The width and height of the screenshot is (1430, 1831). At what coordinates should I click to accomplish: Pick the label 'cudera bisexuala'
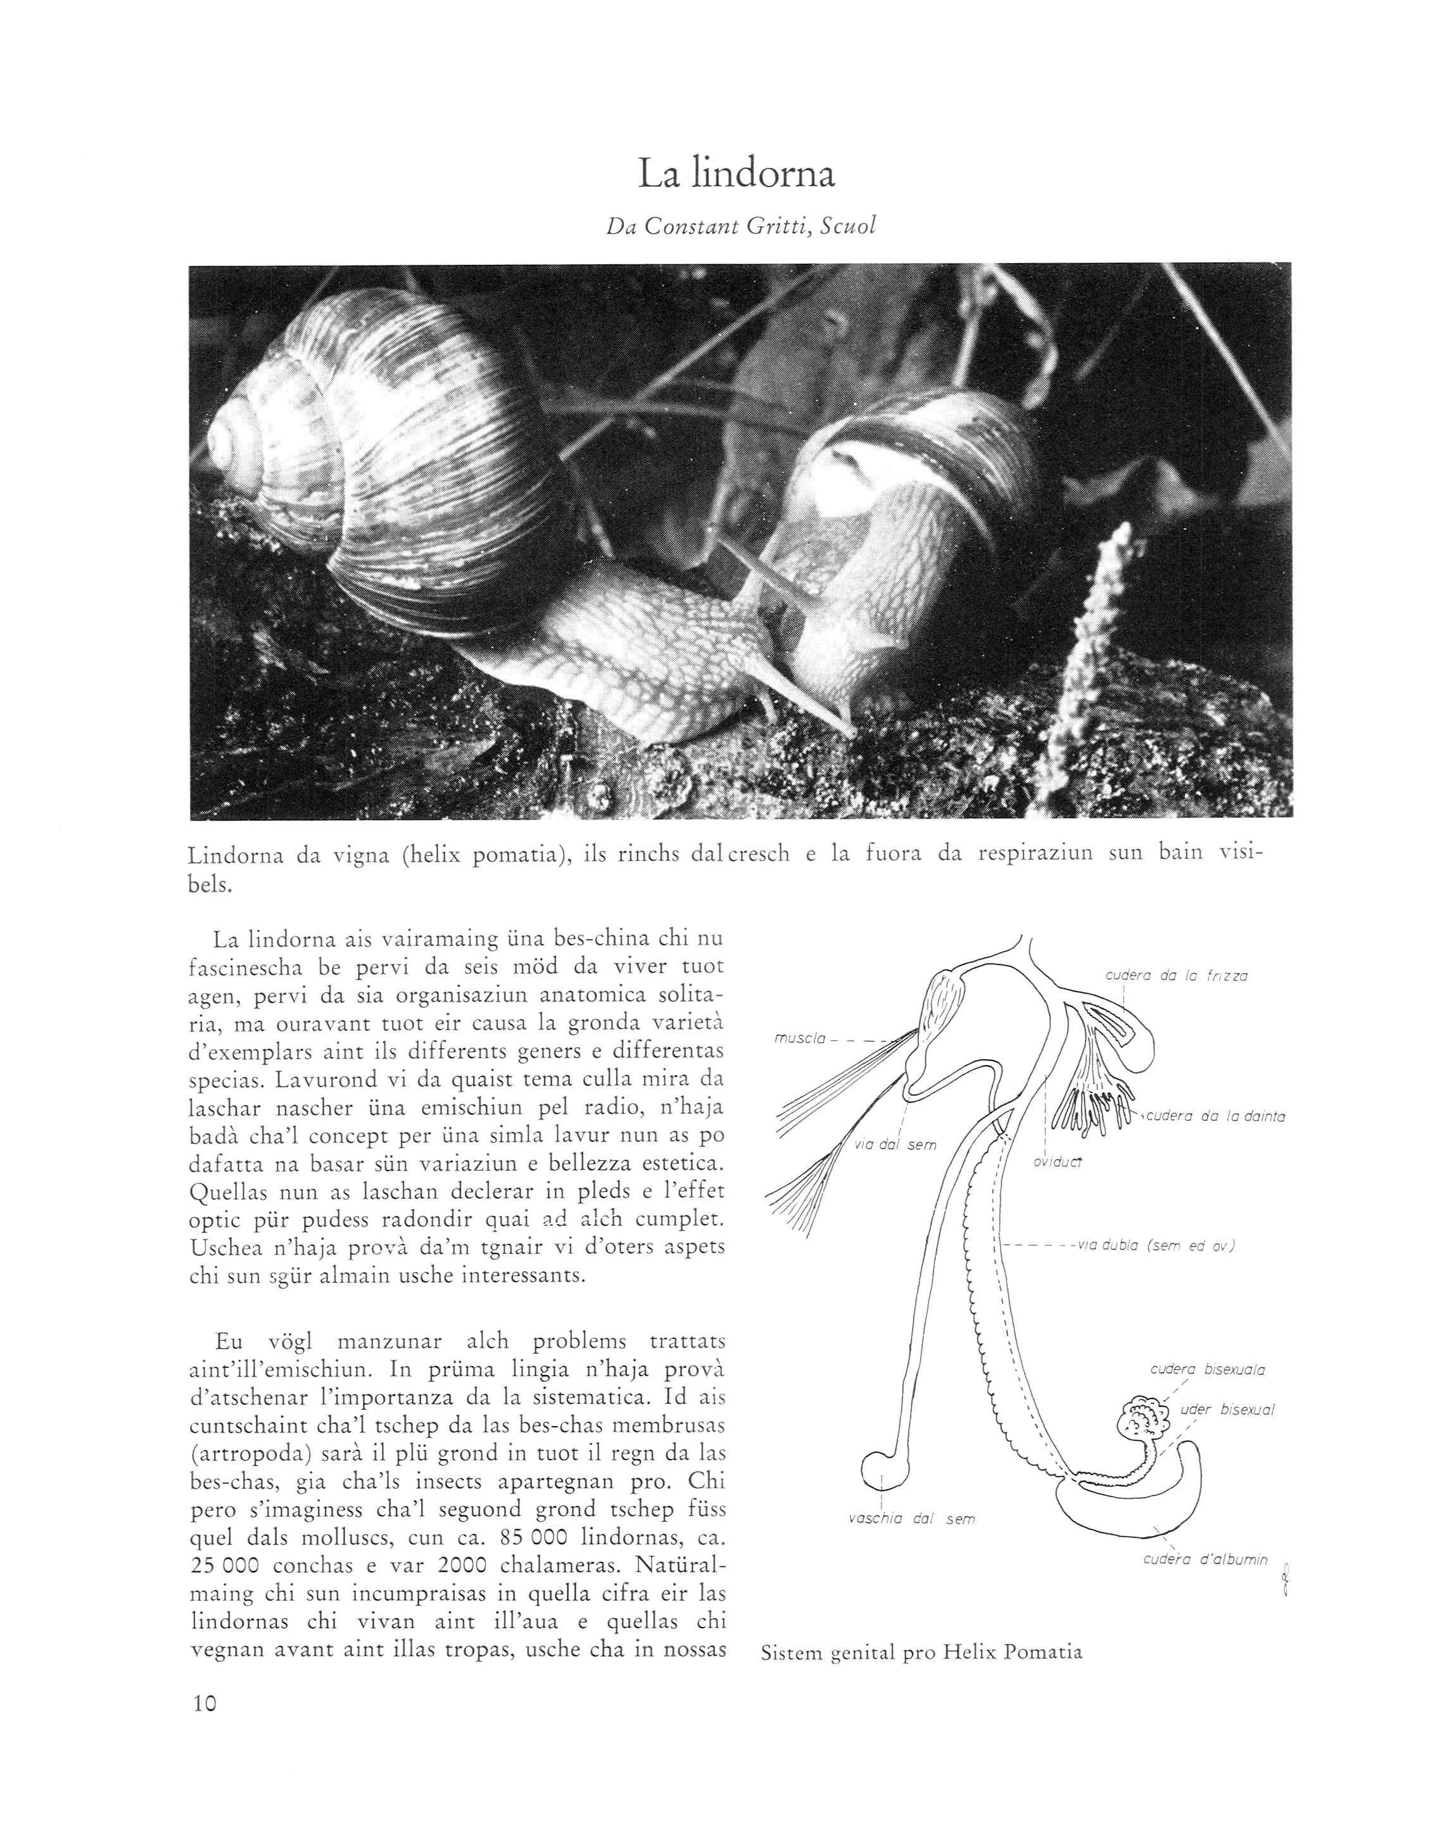1208,1370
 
